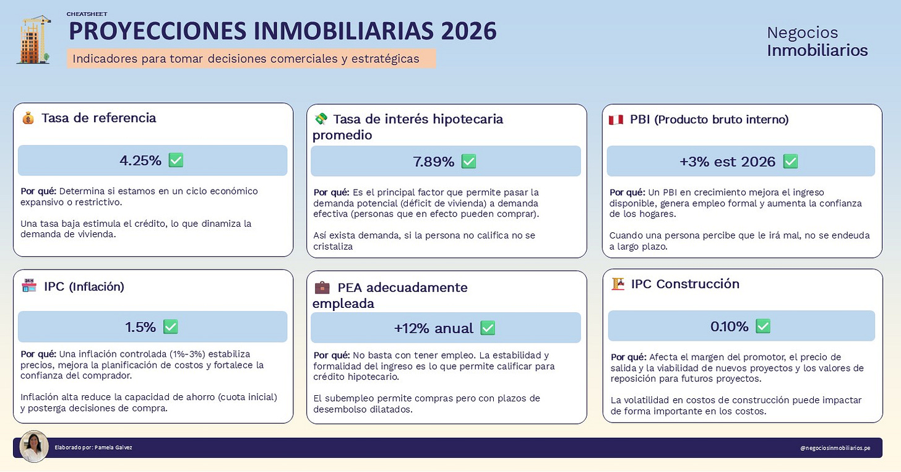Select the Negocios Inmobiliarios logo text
pyautogui.click(x=817, y=42)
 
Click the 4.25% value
pyautogui.click(x=140, y=160)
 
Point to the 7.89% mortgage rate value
pyautogui.click(x=433, y=162)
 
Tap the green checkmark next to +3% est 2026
pyautogui.click(x=790, y=162)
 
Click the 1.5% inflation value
pyautogui.click(x=141, y=327)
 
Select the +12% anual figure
pyautogui.click(x=433, y=328)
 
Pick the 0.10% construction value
pyautogui.click(x=730, y=326)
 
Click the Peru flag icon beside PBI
pyautogui.click(x=616, y=120)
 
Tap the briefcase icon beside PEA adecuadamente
pyautogui.click(x=322, y=287)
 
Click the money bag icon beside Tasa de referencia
pyautogui.click(x=28, y=118)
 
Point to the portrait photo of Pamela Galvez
pyautogui.click(x=34, y=446)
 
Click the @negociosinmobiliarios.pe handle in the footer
pyautogui.click(x=834, y=448)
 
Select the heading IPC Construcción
pyautogui.click(x=685, y=284)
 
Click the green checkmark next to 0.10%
pyautogui.click(x=763, y=326)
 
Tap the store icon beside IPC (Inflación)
pyautogui.click(x=29, y=286)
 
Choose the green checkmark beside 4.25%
pyautogui.click(x=176, y=160)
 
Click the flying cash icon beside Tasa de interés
pyautogui.click(x=321, y=119)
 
